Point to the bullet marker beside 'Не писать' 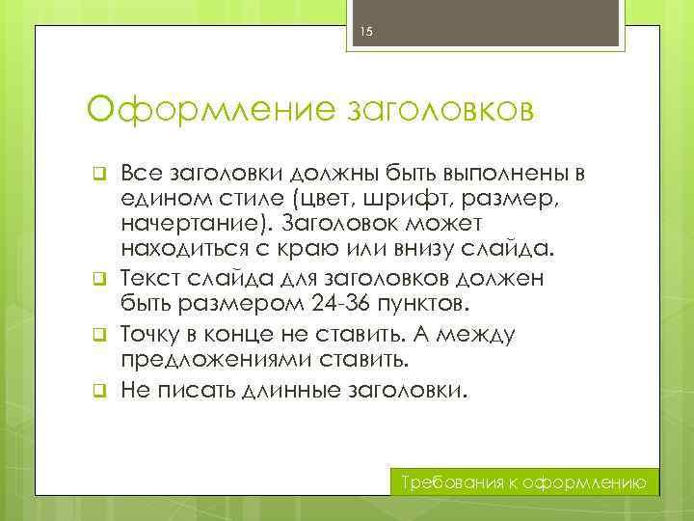(x=97, y=393)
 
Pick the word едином (x=157, y=199)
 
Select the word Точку (x=153, y=336)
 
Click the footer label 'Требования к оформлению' (x=527, y=482)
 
